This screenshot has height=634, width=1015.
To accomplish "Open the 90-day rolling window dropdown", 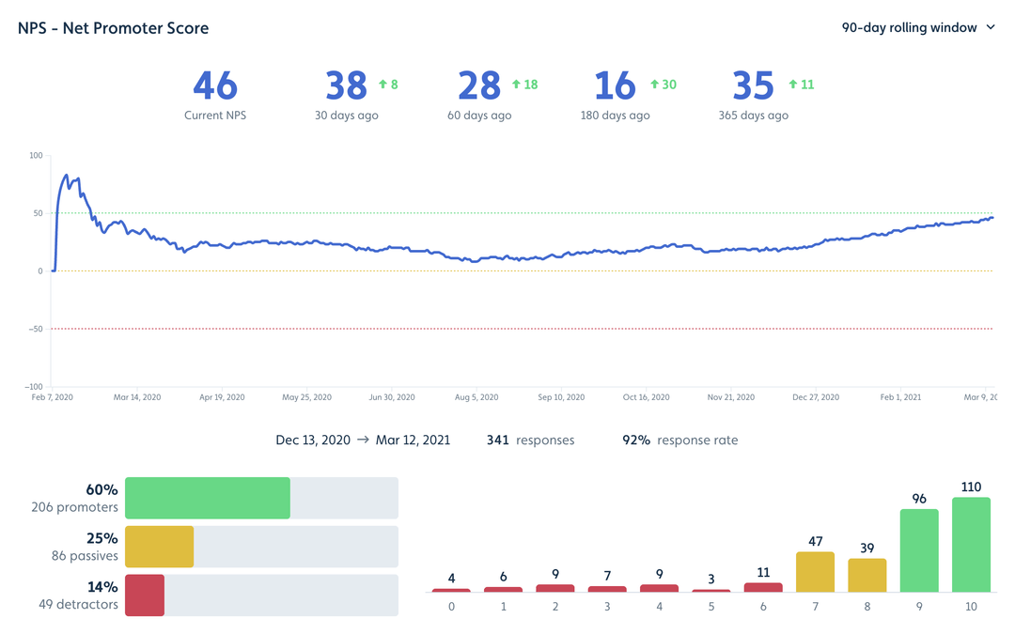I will pyautogui.click(x=917, y=28).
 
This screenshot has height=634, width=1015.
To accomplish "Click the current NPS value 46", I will pyautogui.click(x=215, y=85).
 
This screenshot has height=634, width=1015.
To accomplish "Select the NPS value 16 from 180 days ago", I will pyautogui.click(x=616, y=85).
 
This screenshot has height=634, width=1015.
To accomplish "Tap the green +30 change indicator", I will pyautogui.click(x=664, y=85).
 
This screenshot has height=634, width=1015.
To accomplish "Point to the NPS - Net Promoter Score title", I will pyautogui.click(x=114, y=28).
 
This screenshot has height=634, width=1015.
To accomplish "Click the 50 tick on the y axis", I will pyautogui.click(x=38, y=213).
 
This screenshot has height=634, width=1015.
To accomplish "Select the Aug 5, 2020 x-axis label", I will pyautogui.click(x=476, y=397).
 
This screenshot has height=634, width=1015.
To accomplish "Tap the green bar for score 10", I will pyautogui.click(x=971, y=545).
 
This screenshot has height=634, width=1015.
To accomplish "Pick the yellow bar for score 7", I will pyautogui.click(x=815, y=572).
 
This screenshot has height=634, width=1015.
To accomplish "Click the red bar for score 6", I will pyautogui.click(x=763, y=587).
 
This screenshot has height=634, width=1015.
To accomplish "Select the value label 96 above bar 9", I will pyautogui.click(x=919, y=499).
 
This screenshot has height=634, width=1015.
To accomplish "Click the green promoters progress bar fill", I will pyautogui.click(x=207, y=498).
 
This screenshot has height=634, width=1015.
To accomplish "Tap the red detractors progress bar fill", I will pyautogui.click(x=145, y=595).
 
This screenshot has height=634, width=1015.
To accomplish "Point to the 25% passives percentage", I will pyautogui.click(x=102, y=539).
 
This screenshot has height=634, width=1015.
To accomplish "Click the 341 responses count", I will pyautogui.click(x=497, y=440).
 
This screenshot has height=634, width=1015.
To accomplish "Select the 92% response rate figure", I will pyautogui.click(x=636, y=440).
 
